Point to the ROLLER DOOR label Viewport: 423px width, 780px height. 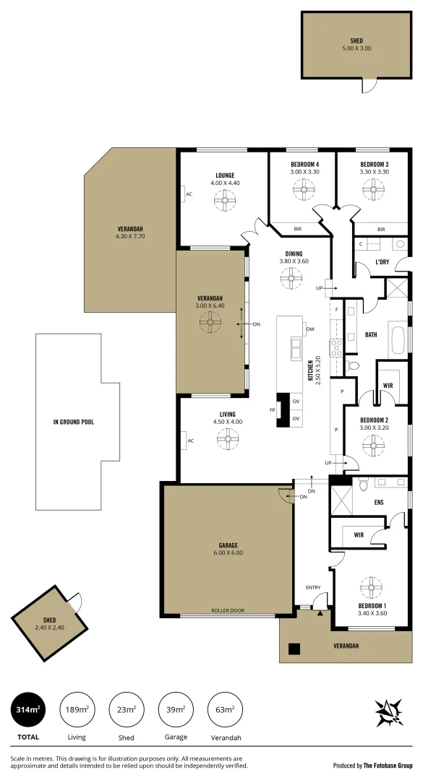coord(227,610)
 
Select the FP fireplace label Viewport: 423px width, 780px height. coord(273,409)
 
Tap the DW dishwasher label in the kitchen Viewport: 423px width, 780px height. coord(309,329)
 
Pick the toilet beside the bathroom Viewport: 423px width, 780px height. coord(352,365)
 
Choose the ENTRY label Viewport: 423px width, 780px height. coord(312,587)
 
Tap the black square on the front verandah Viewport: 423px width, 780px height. coord(294,648)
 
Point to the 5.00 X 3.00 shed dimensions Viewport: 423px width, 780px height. coord(356,48)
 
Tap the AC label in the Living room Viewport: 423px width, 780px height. coord(191,441)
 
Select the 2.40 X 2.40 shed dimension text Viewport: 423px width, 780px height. coord(50,628)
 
